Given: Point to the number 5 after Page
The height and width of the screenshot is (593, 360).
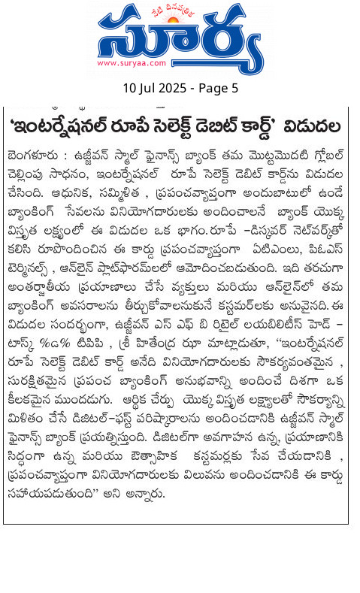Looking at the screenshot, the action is coord(234,88).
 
